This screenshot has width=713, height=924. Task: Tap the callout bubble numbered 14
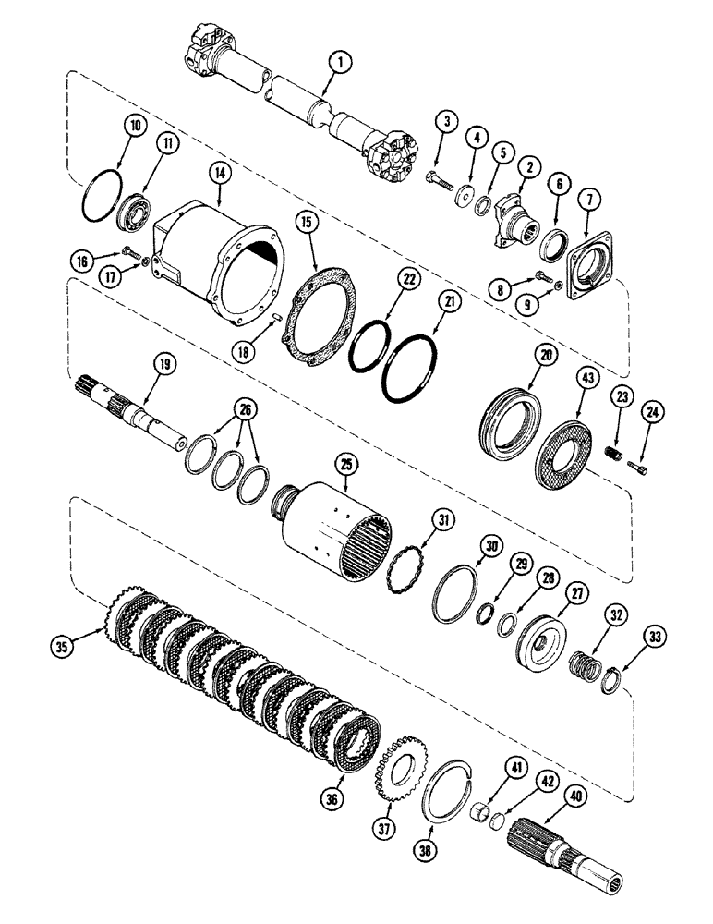point(219,196)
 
